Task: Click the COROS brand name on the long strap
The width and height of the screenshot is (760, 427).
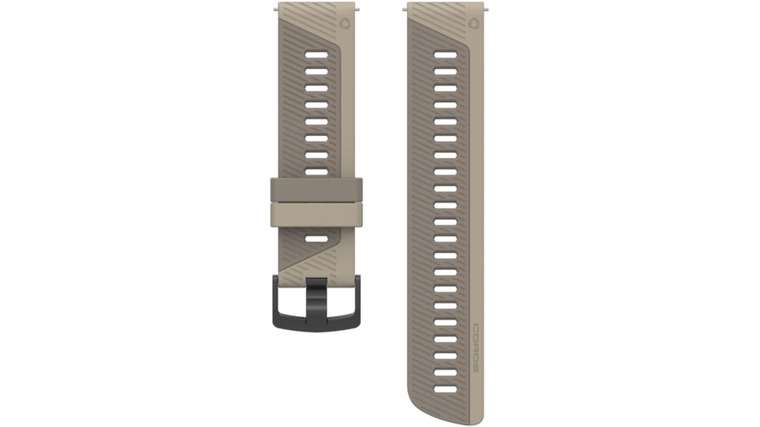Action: (476, 348)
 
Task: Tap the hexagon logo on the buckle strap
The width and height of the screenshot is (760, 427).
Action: (345, 23)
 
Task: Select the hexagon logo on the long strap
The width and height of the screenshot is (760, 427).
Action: (473, 23)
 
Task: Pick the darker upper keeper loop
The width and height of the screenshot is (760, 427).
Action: (316, 189)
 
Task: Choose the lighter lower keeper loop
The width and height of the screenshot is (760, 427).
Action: (316, 214)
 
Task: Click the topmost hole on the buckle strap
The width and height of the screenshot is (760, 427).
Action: (316, 55)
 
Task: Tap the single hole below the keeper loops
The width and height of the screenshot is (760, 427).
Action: (316, 238)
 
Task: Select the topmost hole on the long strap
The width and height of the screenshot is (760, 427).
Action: (445, 55)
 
